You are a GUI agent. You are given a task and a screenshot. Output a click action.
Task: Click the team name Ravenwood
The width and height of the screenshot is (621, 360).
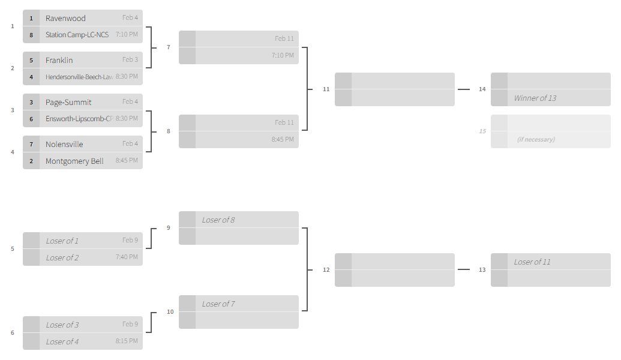(65, 18)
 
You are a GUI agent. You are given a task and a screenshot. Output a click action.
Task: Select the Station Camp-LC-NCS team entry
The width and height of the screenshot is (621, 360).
(77, 35)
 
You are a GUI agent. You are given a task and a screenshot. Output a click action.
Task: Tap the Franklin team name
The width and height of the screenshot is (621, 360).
(59, 60)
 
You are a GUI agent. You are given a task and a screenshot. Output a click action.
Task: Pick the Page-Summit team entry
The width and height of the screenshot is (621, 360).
(68, 102)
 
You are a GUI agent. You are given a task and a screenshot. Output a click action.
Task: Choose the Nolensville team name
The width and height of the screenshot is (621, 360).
(64, 144)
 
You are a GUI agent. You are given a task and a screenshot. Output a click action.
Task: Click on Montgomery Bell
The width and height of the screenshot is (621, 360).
(74, 161)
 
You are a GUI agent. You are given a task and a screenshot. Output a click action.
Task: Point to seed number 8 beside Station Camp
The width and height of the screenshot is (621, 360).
(31, 35)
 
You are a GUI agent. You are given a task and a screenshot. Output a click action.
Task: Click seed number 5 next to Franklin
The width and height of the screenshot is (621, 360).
(31, 60)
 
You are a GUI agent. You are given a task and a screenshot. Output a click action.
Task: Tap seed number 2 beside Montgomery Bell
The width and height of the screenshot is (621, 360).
(31, 161)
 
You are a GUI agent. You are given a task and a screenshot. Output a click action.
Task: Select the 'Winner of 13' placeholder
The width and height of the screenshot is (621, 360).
(535, 98)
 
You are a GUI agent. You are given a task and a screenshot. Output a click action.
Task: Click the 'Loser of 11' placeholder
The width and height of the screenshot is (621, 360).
(532, 262)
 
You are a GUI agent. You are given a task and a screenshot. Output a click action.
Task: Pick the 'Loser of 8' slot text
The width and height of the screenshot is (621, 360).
(218, 220)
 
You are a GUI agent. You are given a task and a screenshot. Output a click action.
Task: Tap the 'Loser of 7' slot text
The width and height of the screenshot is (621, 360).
(218, 304)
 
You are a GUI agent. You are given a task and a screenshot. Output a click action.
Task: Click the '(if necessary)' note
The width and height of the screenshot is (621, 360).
(536, 139)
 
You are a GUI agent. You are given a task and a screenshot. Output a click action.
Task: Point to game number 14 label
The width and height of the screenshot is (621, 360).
(482, 89)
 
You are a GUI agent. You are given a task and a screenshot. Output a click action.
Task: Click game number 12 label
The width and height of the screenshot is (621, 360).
(326, 270)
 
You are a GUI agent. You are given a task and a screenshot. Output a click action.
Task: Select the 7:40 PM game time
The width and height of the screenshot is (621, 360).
(127, 257)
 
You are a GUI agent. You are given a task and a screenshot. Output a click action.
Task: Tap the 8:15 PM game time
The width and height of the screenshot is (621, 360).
(127, 341)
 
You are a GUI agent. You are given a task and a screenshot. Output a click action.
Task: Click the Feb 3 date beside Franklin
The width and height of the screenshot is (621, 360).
(130, 59)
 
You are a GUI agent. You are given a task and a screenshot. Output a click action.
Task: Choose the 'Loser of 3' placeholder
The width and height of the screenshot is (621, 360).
(62, 325)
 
